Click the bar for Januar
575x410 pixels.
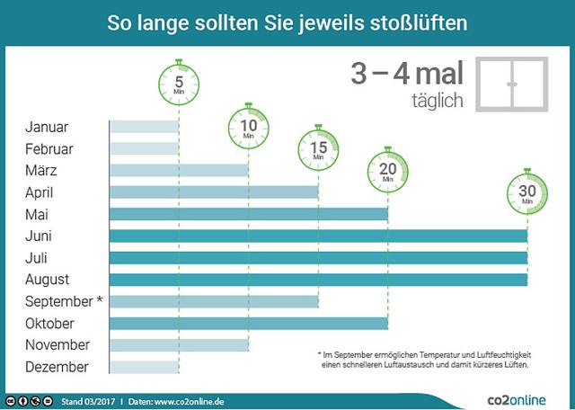coord(144,127)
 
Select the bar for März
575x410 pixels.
coord(179,170)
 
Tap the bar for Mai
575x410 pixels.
coord(248,214)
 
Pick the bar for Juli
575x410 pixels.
coord(318,257)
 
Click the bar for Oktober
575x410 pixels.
coord(248,323)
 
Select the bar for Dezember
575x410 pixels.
coord(144,367)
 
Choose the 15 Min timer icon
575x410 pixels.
coord(318,146)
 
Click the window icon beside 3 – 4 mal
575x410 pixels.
coord(512,85)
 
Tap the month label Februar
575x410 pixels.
coord(49,149)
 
